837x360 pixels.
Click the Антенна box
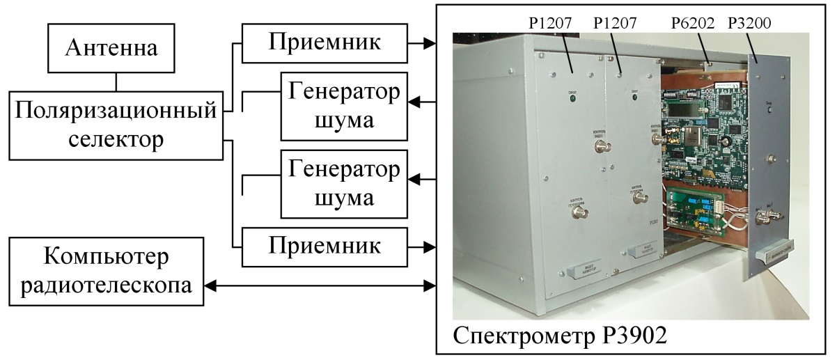(x=116, y=48)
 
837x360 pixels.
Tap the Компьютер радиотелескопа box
(x=106, y=271)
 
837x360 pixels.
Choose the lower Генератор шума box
(x=341, y=182)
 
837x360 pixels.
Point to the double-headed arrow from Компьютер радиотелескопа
(x=320, y=285)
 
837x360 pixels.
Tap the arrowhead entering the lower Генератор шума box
(x=414, y=180)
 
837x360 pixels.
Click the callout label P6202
(x=692, y=24)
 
